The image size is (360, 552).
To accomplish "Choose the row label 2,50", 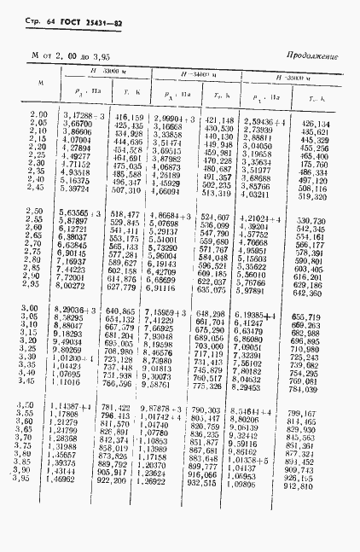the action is (x=38, y=211).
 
